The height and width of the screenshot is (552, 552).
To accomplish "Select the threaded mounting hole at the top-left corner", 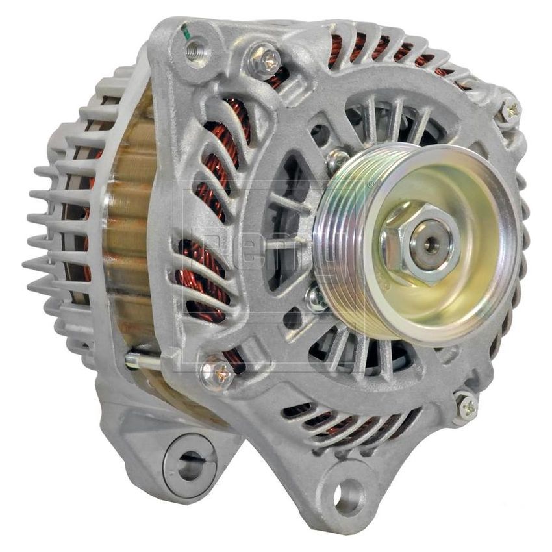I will click(x=195, y=47).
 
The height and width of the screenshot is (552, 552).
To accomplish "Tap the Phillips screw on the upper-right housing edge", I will click(x=510, y=111).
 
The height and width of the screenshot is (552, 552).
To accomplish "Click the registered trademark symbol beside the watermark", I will click(x=371, y=186).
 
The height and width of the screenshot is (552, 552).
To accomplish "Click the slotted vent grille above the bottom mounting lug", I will click(x=344, y=425).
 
